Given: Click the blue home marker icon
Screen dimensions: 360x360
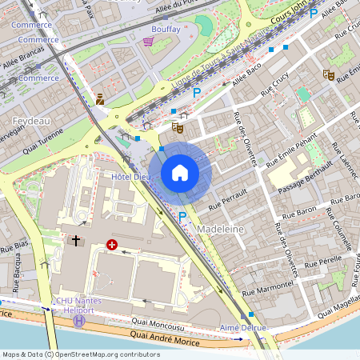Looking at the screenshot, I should tap(180, 173).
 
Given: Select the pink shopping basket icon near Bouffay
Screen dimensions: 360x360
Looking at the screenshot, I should tap(147, 42).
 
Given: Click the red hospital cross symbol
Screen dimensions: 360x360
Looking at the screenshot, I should tap(112, 244).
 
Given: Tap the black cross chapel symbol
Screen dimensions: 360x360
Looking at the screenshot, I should tap(77, 240).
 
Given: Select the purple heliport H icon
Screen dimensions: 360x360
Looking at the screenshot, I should tap(79, 320).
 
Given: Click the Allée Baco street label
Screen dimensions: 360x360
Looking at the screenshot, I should tap(248, 78).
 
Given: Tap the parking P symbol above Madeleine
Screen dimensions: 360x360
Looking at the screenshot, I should tap(182, 216).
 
